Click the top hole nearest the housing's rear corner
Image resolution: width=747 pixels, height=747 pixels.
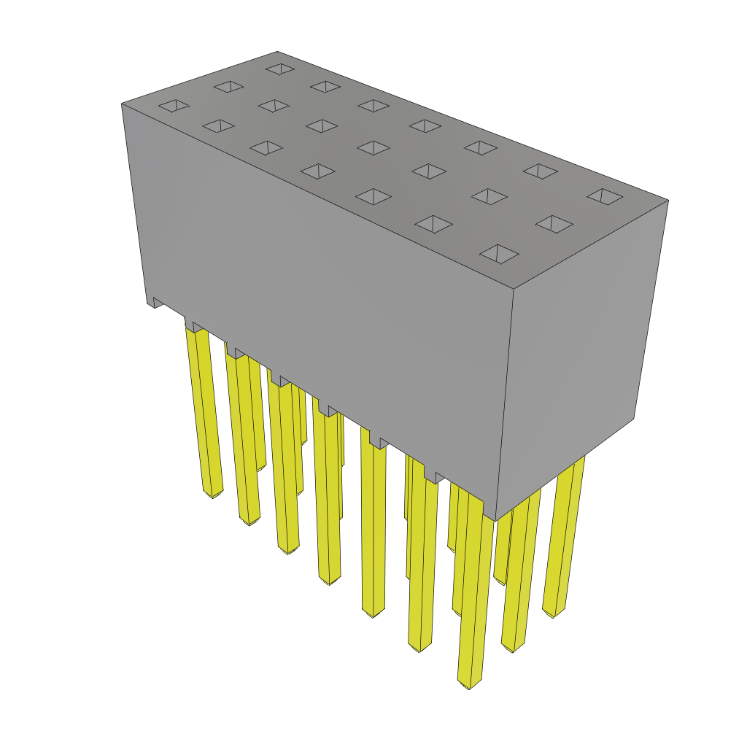click(x=280, y=69)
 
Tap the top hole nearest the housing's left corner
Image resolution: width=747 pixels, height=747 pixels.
click(x=174, y=106)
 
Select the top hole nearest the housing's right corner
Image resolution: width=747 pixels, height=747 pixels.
click(x=605, y=196)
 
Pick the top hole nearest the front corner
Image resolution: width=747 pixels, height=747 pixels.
click(x=499, y=254)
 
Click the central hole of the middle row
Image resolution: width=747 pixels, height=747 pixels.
click(x=373, y=148)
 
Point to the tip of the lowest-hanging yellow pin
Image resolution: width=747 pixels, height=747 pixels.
click(x=468, y=684)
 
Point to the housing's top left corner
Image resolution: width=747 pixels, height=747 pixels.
click(x=122, y=104)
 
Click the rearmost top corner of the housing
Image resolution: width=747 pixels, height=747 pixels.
click(x=277, y=52)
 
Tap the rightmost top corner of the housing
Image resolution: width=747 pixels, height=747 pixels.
click(x=667, y=200)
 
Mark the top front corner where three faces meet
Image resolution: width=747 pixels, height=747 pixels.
click(x=514, y=289)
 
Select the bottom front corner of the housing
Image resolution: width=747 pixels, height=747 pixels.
click(x=495, y=520)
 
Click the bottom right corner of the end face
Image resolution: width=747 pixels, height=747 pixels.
click(x=633, y=418)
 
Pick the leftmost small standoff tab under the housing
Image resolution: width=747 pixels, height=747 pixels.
click(x=157, y=302)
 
